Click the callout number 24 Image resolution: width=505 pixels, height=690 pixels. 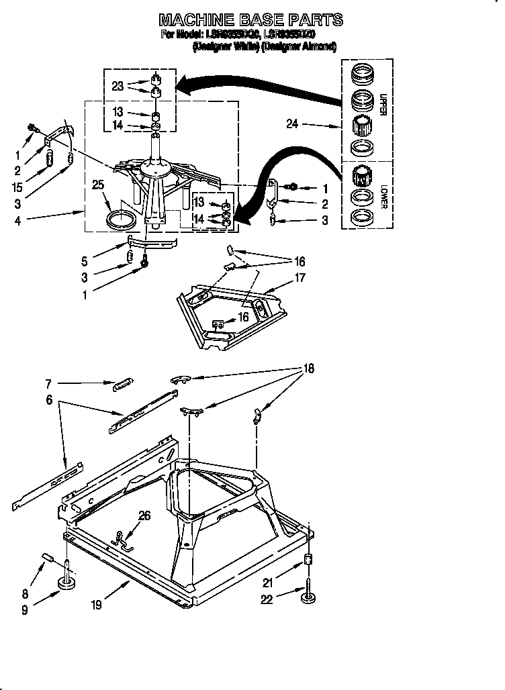point(291,124)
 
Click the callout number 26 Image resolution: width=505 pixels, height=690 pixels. point(144,516)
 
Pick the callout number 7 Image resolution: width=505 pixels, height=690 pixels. point(48,385)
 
